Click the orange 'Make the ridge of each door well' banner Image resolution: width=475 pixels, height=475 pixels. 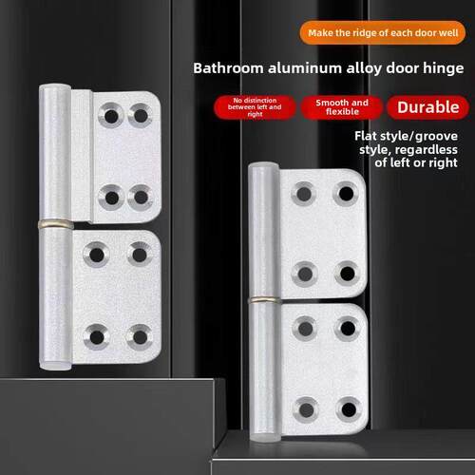(x=383, y=32)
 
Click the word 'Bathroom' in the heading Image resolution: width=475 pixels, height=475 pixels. (x=228, y=68)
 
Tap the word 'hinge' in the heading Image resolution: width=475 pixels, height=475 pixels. (x=444, y=68)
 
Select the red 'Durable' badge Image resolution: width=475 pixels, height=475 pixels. (x=428, y=107)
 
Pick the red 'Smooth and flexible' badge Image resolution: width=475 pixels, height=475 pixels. (x=342, y=107)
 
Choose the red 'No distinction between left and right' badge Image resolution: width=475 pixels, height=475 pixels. (x=255, y=107)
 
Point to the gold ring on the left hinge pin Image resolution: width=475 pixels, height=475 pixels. (x=56, y=224)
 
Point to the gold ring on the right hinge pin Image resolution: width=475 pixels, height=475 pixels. (x=265, y=300)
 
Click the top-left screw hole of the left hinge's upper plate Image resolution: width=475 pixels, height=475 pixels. (x=111, y=116)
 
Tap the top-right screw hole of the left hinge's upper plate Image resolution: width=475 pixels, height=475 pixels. (x=141, y=115)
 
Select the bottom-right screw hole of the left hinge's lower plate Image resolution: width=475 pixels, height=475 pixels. (x=140, y=337)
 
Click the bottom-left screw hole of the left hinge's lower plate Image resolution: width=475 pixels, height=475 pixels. (x=97, y=337)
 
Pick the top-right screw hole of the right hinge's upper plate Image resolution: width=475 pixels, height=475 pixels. (x=346, y=193)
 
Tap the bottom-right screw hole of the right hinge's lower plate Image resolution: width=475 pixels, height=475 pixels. (x=349, y=409)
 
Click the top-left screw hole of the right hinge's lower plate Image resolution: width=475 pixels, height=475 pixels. (x=305, y=329)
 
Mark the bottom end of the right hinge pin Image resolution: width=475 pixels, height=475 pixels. (x=265, y=438)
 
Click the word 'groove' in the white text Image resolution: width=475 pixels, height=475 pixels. (x=436, y=137)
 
